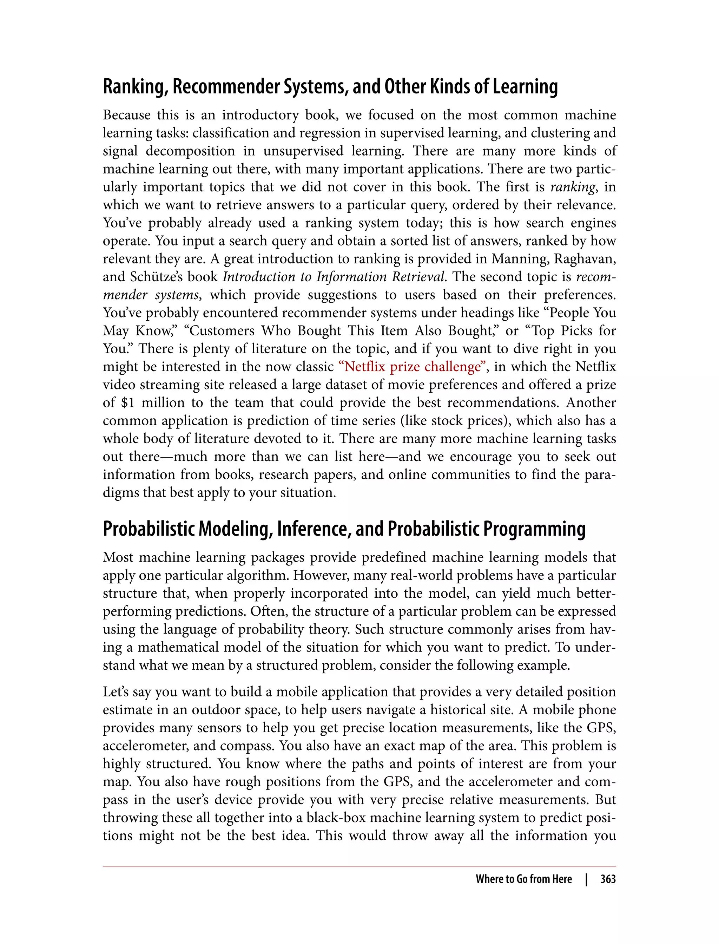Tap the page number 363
point(608,879)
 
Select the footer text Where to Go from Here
point(523,879)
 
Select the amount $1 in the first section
point(127,403)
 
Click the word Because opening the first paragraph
point(126,115)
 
